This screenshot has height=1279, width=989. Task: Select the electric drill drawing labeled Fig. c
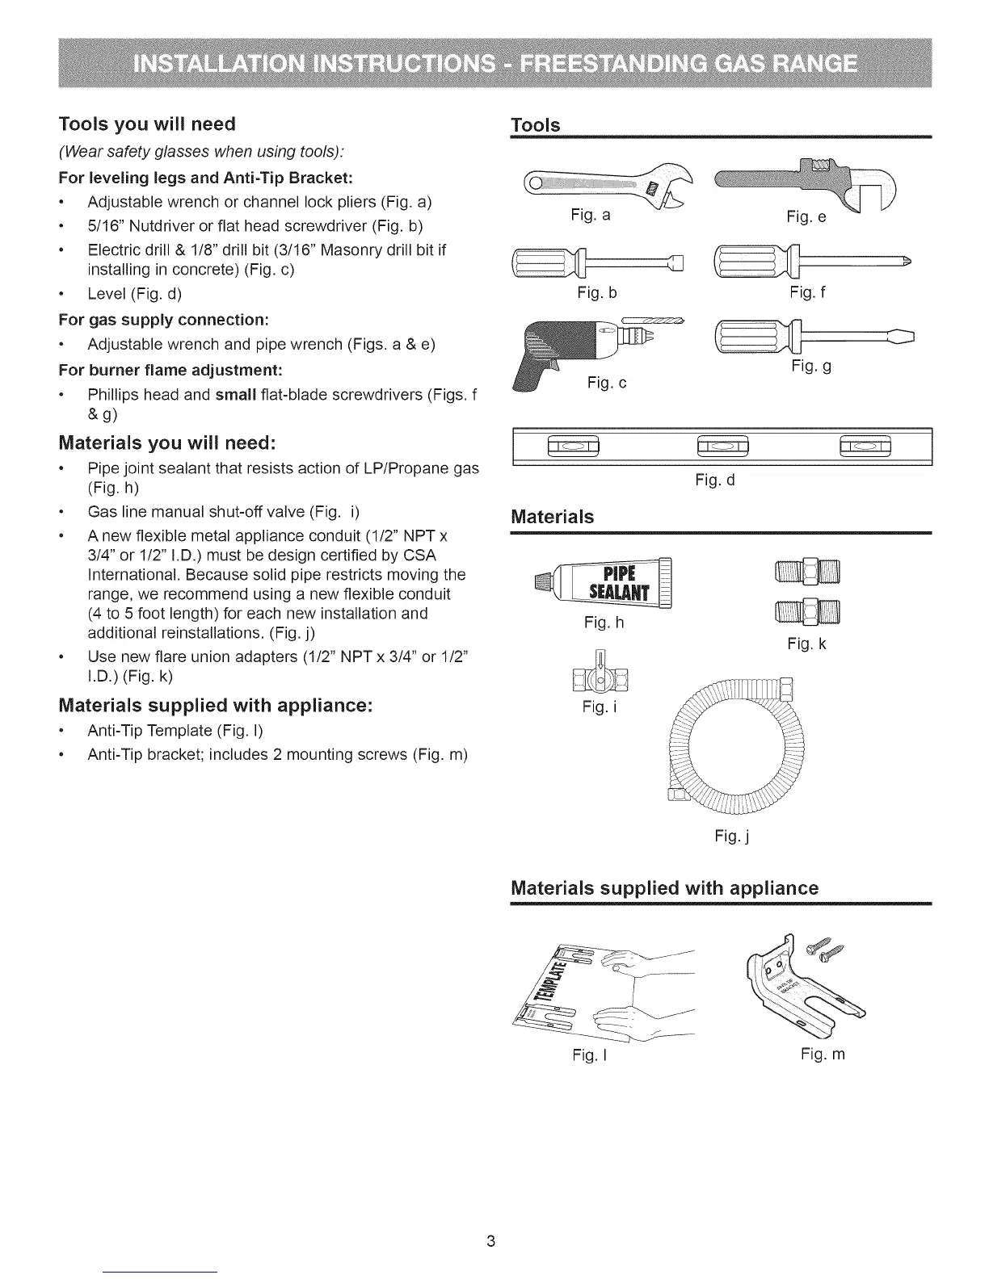pyautogui.click(x=582, y=343)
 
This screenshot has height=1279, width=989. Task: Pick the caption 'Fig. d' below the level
pyautogui.click(x=715, y=481)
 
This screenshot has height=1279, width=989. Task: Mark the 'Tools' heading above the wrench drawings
pyautogui.click(x=536, y=125)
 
